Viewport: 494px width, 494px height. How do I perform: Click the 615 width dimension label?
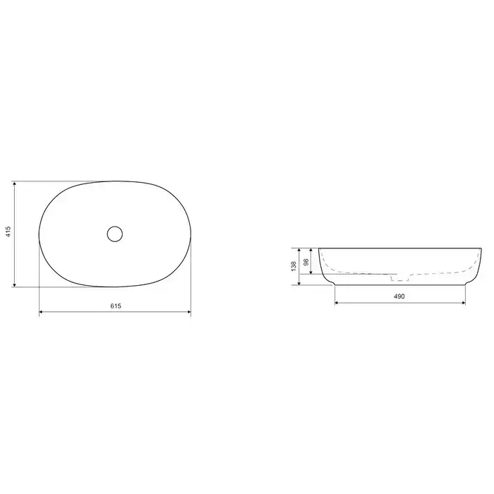coord(116,306)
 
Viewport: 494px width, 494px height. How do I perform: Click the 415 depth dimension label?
coord(8,231)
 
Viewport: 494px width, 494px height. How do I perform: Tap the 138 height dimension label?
coord(294,266)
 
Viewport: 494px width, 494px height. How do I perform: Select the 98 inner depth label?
coord(306,262)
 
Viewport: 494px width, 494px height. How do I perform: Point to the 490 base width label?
coord(399,296)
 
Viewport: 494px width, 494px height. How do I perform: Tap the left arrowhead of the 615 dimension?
coord(41,312)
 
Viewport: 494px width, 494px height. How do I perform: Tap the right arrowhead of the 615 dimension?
coord(189,312)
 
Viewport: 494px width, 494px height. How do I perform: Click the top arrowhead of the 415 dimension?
coord(15,183)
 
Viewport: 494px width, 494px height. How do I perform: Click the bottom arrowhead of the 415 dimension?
coord(15,285)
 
